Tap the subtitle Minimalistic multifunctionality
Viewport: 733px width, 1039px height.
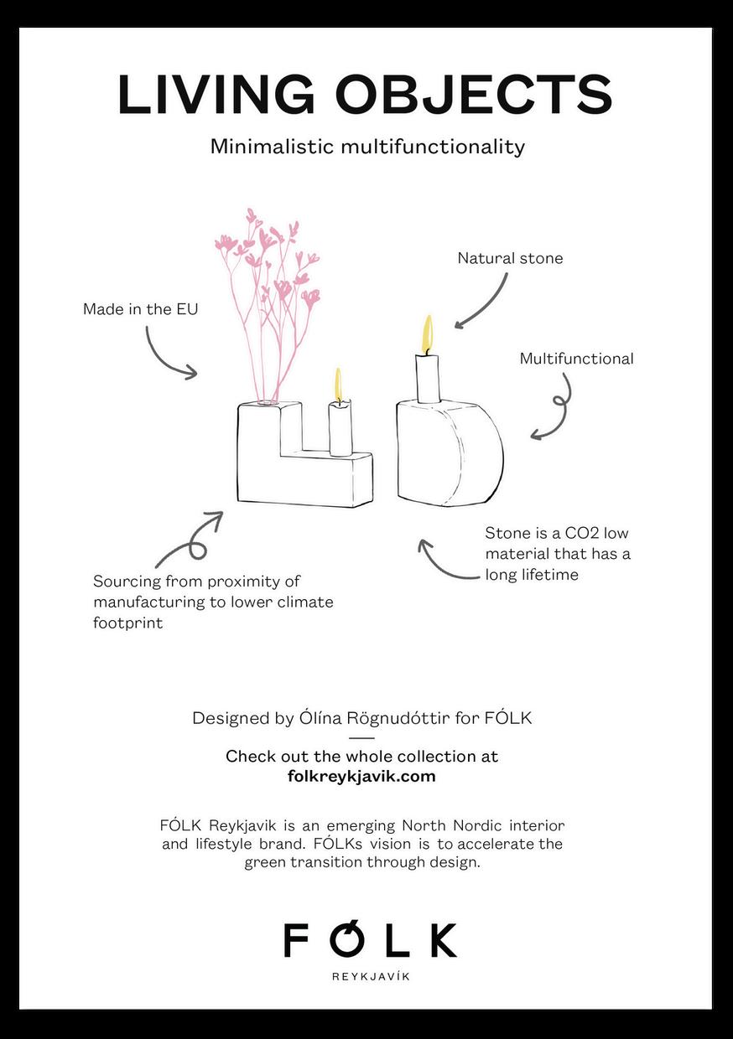[367, 147]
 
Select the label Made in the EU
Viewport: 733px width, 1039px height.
[140, 309]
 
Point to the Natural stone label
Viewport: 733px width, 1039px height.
[510, 258]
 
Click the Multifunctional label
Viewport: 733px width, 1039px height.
[576, 359]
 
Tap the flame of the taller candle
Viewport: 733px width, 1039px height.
[428, 333]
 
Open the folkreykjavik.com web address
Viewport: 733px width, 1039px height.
[361, 776]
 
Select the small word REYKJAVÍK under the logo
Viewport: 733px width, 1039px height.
[372, 977]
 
